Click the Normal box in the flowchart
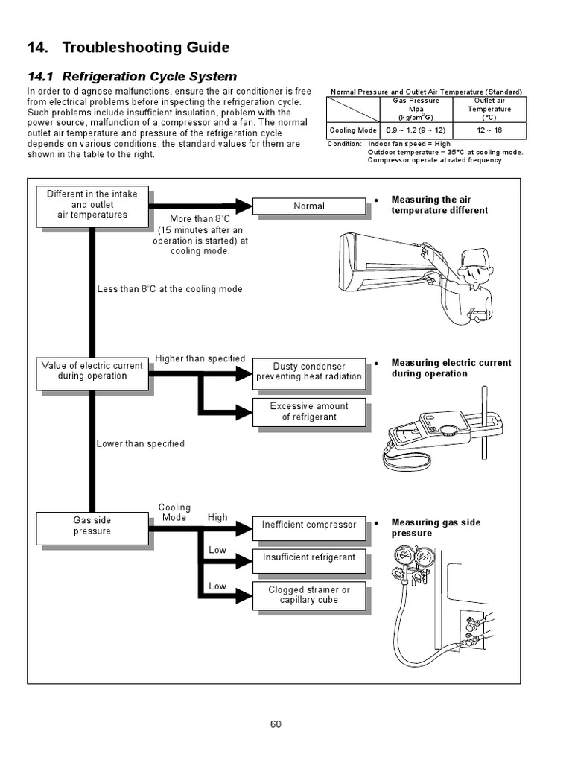coord(309,206)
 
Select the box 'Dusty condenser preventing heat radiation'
coord(309,371)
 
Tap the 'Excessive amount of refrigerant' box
coord(309,411)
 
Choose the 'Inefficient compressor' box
coord(309,525)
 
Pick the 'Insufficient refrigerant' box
coord(309,557)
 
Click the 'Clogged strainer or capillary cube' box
coord(309,595)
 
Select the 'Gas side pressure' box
coord(92,526)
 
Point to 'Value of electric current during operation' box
coord(92,371)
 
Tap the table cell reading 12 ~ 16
coord(489,130)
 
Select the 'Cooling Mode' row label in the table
coord(354,130)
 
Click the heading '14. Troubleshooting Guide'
coord(128,48)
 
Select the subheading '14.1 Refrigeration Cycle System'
coord(132,76)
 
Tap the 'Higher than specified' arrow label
coord(200,358)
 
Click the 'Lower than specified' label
coord(140,443)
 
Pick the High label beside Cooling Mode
coord(217,517)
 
